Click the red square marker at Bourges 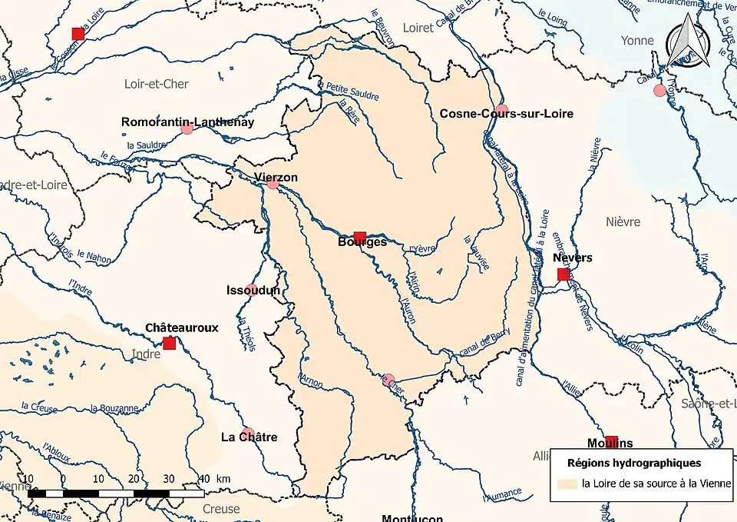(359, 237)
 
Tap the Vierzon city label (276, 178)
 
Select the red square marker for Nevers (563, 274)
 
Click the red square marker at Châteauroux (169, 343)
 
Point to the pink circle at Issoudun (251, 290)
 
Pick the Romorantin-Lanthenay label (187, 121)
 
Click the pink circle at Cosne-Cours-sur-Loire (501, 109)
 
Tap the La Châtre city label (249, 437)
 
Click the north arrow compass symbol (682, 45)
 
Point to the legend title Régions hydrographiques (633, 463)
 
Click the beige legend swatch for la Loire (567, 484)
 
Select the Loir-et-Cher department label (157, 83)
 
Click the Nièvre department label (623, 221)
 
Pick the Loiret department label (418, 28)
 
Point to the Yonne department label (639, 40)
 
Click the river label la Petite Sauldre (352, 91)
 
